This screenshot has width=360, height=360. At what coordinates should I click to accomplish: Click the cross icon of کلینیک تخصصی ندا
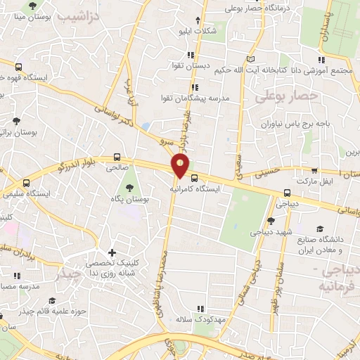pyautogui.click(x=112, y=252)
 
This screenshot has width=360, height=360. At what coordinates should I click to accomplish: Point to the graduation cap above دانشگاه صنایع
pyautogui.click(x=320, y=229)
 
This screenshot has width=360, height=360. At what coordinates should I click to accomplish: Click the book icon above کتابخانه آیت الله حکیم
pyautogui.click(x=253, y=59)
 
